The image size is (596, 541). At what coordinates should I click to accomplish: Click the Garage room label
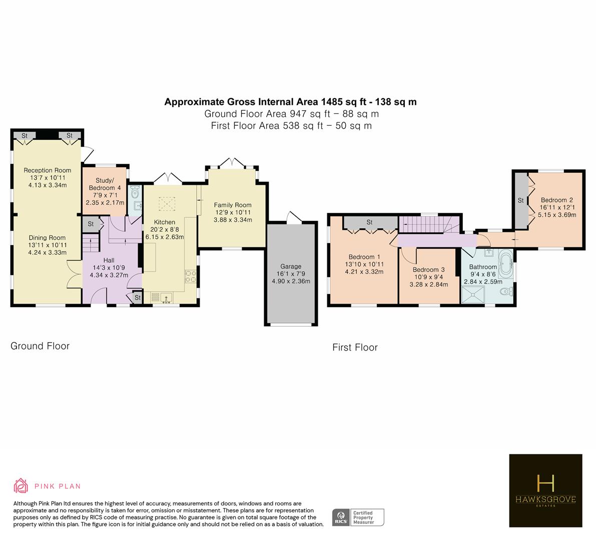tap(291, 266)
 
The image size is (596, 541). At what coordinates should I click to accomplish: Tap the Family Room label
tap(233, 205)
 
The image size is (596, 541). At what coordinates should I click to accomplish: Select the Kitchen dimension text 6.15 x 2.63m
tap(165, 236)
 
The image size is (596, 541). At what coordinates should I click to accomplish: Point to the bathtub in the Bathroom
tap(506, 263)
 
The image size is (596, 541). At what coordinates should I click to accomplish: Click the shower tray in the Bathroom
tap(473, 295)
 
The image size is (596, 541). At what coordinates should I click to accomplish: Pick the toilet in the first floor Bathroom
tap(507, 292)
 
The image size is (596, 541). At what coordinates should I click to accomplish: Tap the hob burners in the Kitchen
tap(191, 277)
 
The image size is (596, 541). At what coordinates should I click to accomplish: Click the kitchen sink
tap(166, 298)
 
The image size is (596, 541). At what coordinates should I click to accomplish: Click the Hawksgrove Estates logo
tap(545, 490)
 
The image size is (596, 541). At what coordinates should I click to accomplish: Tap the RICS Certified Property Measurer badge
tap(358, 517)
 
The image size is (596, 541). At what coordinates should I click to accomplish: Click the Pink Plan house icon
tap(21, 486)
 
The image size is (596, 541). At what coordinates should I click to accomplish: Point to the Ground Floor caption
tap(40, 346)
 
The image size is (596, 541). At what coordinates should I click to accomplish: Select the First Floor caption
tap(355, 347)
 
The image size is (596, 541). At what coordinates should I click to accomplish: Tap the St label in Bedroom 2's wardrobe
tap(521, 200)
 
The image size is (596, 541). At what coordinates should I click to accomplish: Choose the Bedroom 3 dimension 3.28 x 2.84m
tap(429, 284)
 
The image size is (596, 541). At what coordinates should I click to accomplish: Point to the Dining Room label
tap(47, 238)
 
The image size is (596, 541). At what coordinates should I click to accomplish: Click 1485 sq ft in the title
tap(344, 102)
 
